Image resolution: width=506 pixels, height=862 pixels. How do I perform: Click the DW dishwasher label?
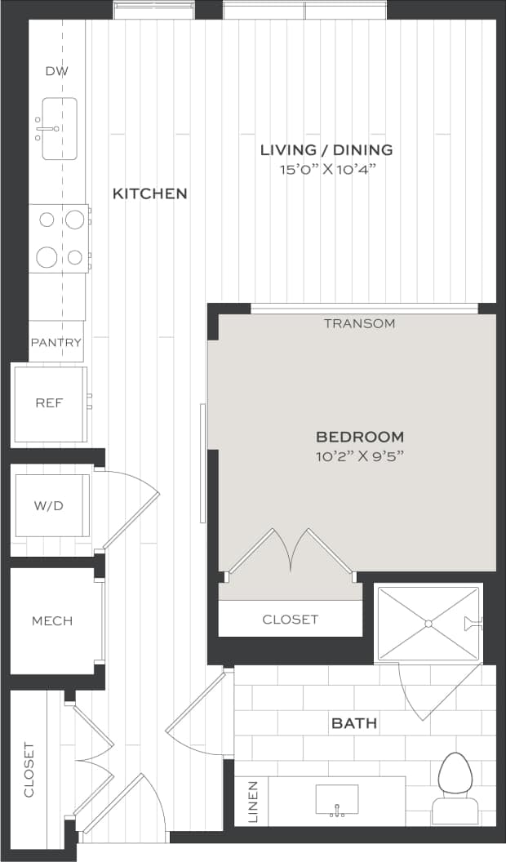coord(57,71)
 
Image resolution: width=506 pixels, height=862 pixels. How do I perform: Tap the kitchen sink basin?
coord(59,129)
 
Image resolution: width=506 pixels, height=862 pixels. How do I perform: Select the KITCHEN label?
coord(149,193)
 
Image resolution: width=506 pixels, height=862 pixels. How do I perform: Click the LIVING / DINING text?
coord(326,149)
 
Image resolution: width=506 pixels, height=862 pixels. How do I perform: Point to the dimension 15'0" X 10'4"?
coord(326,170)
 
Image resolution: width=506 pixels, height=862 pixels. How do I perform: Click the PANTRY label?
coord(56,342)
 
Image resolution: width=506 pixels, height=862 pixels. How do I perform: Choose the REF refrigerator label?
coord(49,403)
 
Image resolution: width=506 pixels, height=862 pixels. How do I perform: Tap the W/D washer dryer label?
coord(48,506)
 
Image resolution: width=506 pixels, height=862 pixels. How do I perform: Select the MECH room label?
coord(52,621)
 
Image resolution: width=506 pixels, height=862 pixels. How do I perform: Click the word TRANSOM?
coord(359,323)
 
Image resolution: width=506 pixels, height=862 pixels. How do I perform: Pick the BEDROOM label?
coord(360,437)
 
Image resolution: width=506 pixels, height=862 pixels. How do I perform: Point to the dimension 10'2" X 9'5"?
coord(360,456)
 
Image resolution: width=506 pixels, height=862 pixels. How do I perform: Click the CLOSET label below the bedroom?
coord(291,620)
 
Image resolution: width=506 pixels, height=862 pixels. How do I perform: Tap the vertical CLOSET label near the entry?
coord(29,769)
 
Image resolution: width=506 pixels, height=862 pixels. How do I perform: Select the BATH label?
coord(353,723)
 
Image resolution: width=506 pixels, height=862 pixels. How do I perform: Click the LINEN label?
coord(251,802)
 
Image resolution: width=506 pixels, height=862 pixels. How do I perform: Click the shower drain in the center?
coord(427,624)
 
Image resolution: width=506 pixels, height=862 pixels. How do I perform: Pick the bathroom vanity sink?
coord(337,799)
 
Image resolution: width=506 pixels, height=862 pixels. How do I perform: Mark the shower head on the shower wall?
coord(473,624)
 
